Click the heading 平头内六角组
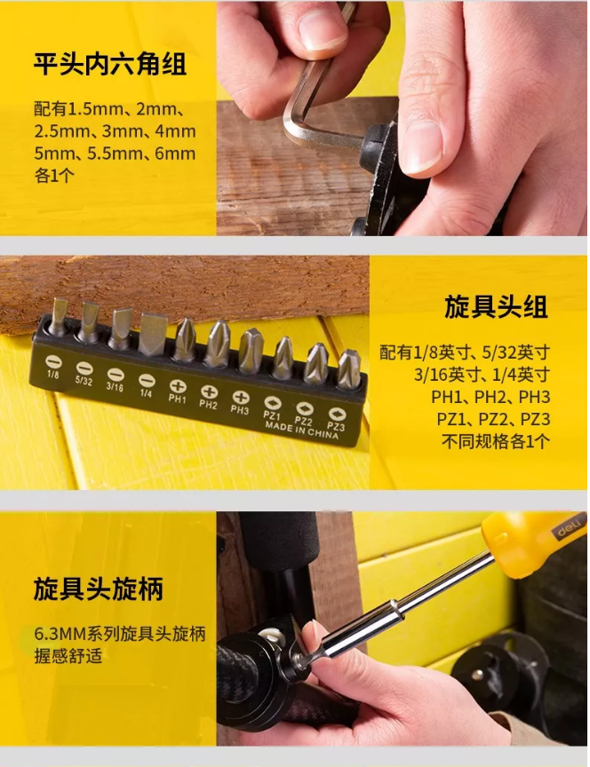click(110, 65)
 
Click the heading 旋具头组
click(496, 307)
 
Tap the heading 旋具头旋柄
click(98, 589)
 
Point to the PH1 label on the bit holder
click(177, 399)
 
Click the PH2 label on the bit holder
click(208, 404)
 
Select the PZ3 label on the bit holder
click(336, 426)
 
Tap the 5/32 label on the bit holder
click(84, 380)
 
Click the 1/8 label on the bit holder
click(53, 375)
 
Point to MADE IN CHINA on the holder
click(301, 430)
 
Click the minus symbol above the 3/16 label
click(116, 375)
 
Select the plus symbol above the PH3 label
click(241, 397)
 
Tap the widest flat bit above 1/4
click(153, 334)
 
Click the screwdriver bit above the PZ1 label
click(283, 358)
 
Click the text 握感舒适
click(68, 656)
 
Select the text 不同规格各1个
click(496, 442)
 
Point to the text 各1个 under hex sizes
click(54, 176)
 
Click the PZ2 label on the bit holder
click(304, 420)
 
